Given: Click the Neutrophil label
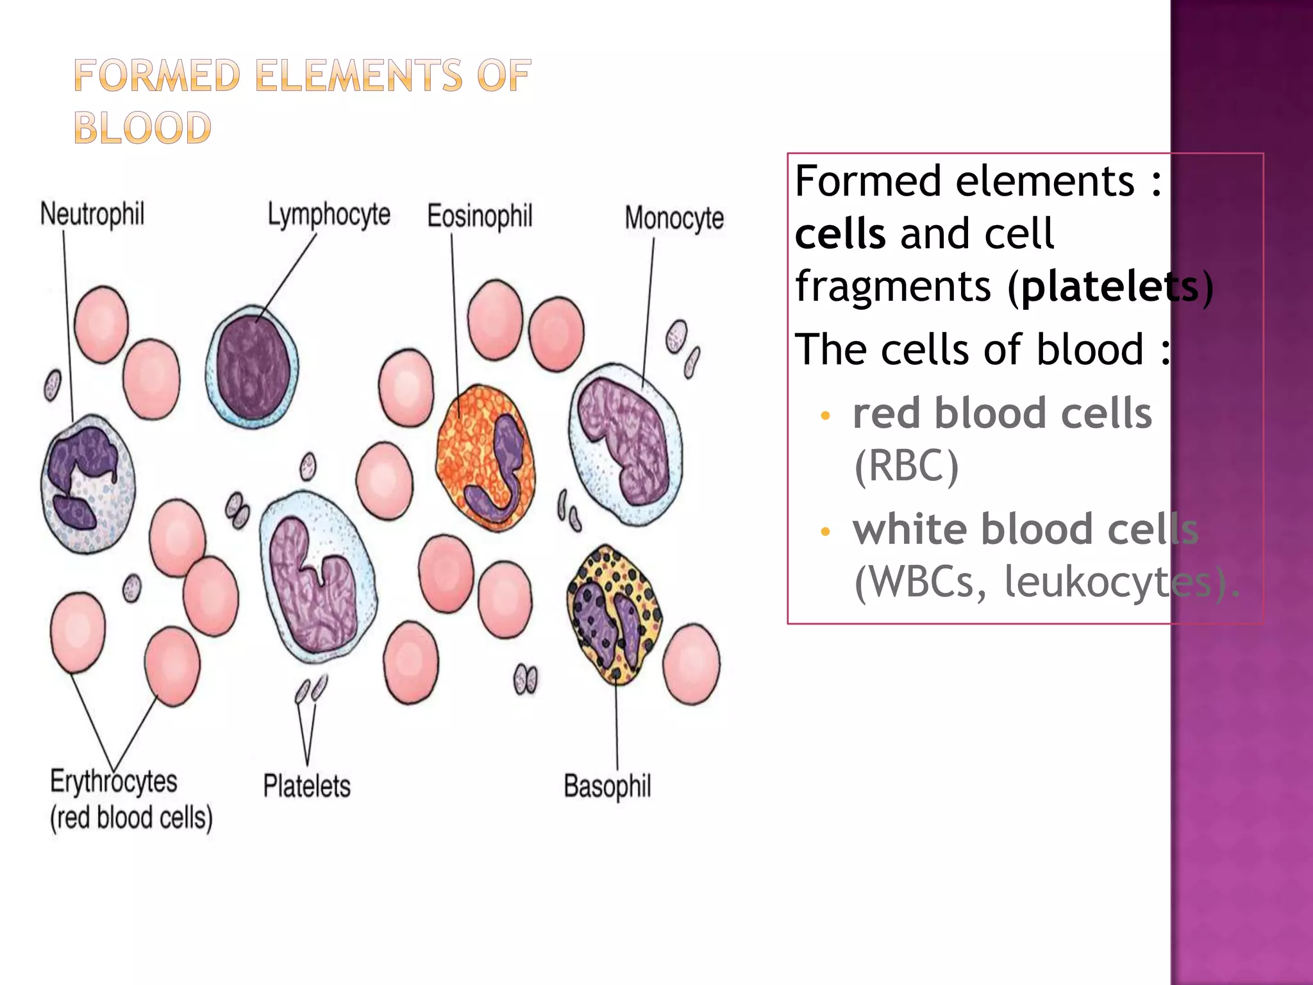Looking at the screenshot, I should click(x=92, y=214).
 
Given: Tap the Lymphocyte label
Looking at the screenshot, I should click(x=328, y=214).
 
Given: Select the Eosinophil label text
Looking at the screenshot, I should click(x=480, y=216).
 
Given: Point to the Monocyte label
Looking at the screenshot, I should click(x=674, y=218).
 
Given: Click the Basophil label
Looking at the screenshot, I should click(x=607, y=786).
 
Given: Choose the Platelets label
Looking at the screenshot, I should click(x=306, y=786).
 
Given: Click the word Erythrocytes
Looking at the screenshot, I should click(x=113, y=782).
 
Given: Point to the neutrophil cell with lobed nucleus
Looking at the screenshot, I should click(x=88, y=484).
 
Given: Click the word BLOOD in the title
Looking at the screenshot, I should click(x=142, y=128).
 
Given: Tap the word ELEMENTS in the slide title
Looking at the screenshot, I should click(x=359, y=76).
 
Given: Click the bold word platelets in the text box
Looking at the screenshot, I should click(x=1109, y=287).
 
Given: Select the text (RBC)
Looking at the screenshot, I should click(x=907, y=466).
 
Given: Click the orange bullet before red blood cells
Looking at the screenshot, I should click(x=825, y=416).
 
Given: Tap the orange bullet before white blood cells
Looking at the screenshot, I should click(x=825, y=532).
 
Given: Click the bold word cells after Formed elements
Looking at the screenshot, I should click(x=840, y=234).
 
